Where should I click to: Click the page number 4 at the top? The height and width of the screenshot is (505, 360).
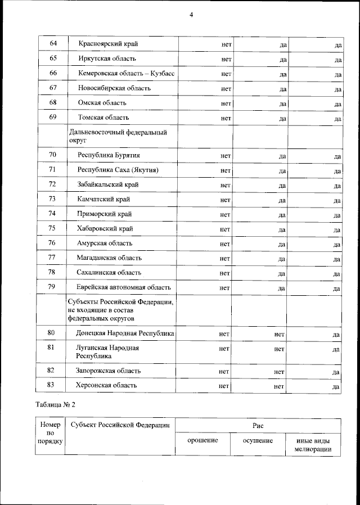click(x=191, y=15)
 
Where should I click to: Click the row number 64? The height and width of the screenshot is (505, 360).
click(x=53, y=44)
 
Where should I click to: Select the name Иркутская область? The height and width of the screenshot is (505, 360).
click(x=107, y=58)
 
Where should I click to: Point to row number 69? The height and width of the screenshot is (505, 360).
click(x=53, y=118)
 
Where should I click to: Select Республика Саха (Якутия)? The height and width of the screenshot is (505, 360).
click(x=118, y=170)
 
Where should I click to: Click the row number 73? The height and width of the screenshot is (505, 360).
click(x=52, y=199)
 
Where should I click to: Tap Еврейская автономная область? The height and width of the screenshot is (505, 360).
click(x=123, y=287)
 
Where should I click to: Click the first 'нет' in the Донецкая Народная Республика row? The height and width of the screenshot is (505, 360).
click(x=224, y=334)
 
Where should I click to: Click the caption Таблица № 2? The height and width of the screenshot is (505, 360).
click(x=55, y=404)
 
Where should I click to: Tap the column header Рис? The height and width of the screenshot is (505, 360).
click(x=258, y=426)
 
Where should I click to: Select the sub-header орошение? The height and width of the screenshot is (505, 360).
click(x=202, y=440)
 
